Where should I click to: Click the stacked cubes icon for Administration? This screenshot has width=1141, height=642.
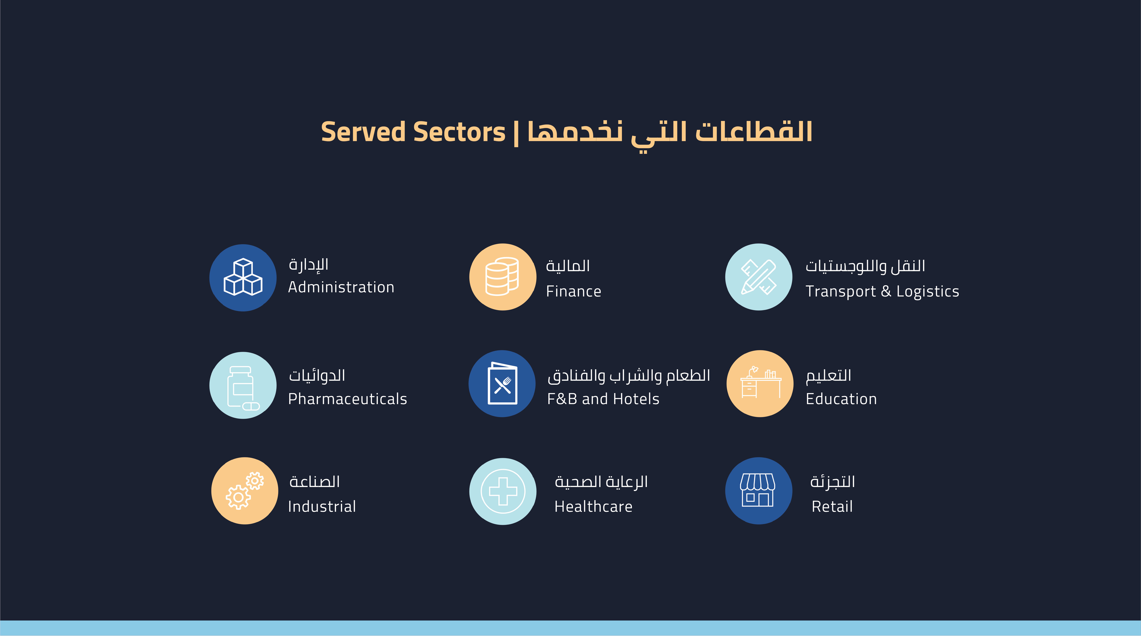pyautogui.click(x=243, y=278)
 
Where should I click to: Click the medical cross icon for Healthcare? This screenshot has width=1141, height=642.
pyautogui.click(x=503, y=491)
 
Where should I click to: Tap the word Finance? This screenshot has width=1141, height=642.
pyautogui.click(x=574, y=292)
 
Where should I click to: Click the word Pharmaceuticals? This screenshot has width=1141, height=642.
pyautogui.click(x=347, y=399)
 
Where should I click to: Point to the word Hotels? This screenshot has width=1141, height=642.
pyautogui.click(x=640, y=399)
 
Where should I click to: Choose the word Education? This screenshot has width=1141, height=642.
pyautogui.click(x=841, y=399)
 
